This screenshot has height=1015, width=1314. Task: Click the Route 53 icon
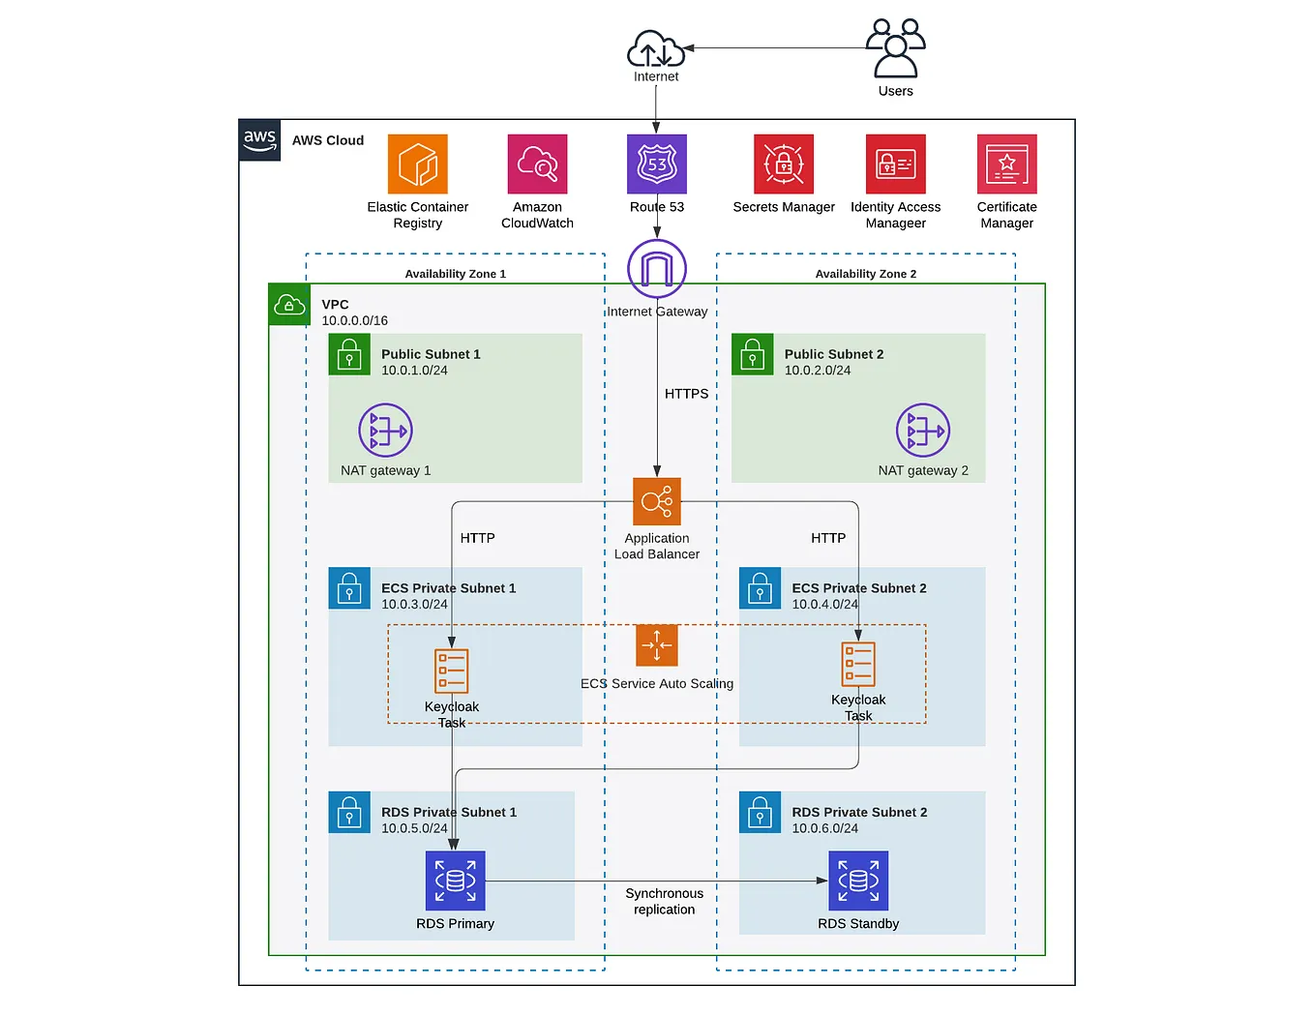pos(656,164)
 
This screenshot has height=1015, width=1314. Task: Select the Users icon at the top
pos(895,48)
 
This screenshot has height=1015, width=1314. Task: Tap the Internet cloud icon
pos(656,48)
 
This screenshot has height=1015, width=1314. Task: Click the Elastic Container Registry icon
pos(417,164)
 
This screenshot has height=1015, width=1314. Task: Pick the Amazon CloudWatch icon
pos(537,164)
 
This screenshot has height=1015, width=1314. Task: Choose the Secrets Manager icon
pos(783,164)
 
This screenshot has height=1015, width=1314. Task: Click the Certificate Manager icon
pos(1006,164)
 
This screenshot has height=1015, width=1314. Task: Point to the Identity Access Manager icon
pos(895,164)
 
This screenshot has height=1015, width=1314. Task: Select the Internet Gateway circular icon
pos(656,269)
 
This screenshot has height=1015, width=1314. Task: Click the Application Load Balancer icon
pos(656,501)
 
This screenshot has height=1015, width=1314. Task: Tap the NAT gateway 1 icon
pos(385,430)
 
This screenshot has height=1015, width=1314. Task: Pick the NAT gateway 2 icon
pos(922,430)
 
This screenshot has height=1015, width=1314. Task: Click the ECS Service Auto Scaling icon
pos(656,645)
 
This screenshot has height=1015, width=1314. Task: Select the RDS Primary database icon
pos(455,881)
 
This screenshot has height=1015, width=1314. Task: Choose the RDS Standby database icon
pos(857,881)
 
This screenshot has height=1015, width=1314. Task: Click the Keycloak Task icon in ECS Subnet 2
pos(857,664)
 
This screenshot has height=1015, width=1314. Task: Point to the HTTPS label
pos(686,394)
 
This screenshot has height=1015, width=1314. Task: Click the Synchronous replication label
pos(664,901)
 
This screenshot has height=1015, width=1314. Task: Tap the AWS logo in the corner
pos(259,139)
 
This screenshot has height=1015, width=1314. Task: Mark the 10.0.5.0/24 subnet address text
pos(414,828)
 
